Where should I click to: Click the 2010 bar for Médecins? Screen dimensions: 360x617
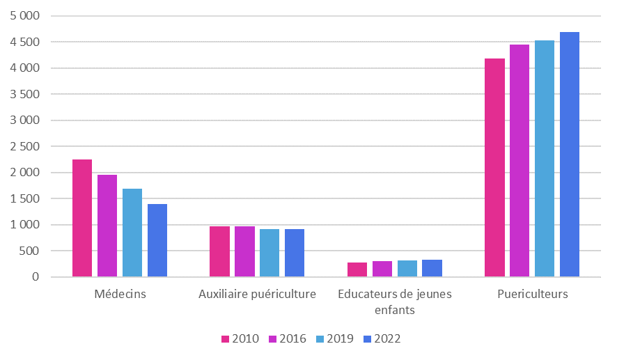(x=82, y=218)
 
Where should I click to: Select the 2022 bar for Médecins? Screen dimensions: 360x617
(x=157, y=240)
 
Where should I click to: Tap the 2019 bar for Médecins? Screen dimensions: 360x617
(x=132, y=233)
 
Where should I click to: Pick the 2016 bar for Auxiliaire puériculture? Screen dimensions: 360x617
(x=244, y=251)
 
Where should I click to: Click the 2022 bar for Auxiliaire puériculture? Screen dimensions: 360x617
(x=295, y=253)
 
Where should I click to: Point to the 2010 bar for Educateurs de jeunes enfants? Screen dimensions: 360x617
(x=357, y=269)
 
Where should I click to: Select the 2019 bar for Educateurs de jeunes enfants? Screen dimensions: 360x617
(x=407, y=269)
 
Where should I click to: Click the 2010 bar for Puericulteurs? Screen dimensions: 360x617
(x=495, y=168)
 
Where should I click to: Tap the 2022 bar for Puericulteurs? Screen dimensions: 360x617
(x=570, y=155)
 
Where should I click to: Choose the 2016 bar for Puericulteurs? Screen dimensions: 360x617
(x=520, y=161)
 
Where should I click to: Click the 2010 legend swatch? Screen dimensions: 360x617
(x=226, y=339)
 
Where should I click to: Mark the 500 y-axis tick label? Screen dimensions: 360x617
(x=31, y=251)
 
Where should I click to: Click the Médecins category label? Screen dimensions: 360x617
(x=120, y=294)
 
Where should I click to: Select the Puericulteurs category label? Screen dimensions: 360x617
(x=532, y=294)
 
